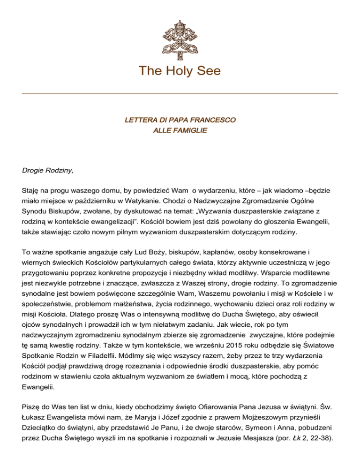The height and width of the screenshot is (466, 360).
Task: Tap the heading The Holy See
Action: coord(180,71)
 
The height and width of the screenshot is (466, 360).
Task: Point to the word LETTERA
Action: coord(140,120)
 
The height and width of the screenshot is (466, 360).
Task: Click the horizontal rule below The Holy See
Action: coord(180,93)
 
